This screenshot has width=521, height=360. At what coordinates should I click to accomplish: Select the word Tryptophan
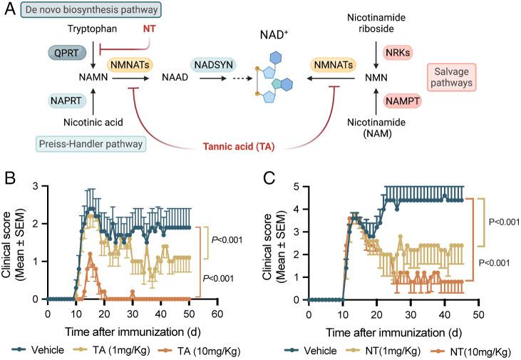pos(93,29)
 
